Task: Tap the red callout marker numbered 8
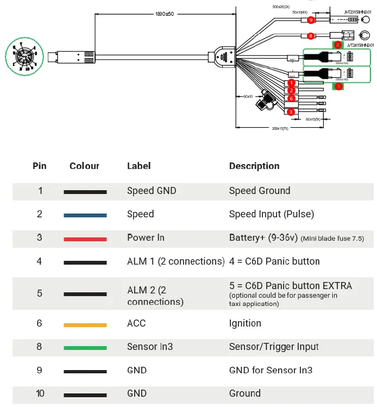(x=310, y=36)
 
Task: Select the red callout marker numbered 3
(x=291, y=111)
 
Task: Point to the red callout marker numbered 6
(x=291, y=98)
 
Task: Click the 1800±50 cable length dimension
(x=165, y=13)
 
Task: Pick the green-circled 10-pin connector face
(x=21, y=57)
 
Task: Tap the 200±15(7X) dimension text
(x=280, y=128)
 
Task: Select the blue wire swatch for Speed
(x=85, y=215)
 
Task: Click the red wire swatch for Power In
(x=85, y=238)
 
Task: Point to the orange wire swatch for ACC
(x=85, y=324)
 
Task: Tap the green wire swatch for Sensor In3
(x=85, y=348)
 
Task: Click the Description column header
(x=254, y=166)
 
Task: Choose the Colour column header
(x=84, y=166)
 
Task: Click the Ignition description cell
(x=245, y=323)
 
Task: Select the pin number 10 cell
(x=40, y=393)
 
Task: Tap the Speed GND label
(x=152, y=191)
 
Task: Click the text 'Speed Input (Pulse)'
(x=271, y=214)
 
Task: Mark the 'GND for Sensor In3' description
(x=271, y=371)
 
